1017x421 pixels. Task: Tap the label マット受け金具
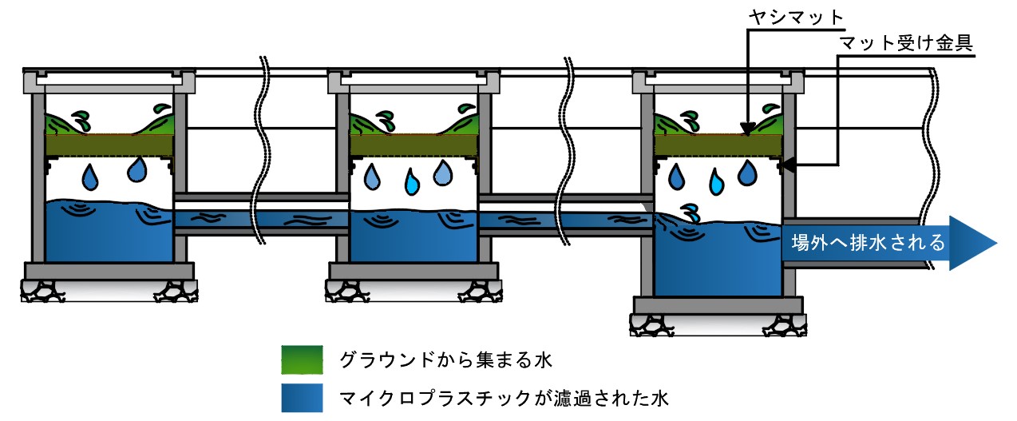click(906, 42)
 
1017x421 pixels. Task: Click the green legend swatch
click(302, 359)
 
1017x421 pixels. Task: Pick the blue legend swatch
click(302, 397)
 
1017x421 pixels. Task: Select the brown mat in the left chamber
click(109, 145)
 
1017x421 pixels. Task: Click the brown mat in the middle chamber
click(414, 145)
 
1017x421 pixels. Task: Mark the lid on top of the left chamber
click(109, 80)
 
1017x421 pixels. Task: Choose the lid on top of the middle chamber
click(414, 80)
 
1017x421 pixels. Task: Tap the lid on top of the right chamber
click(718, 80)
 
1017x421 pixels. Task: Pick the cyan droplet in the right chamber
click(715, 185)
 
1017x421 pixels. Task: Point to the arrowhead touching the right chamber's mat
click(747, 128)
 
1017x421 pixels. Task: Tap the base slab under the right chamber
click(718, 304)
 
